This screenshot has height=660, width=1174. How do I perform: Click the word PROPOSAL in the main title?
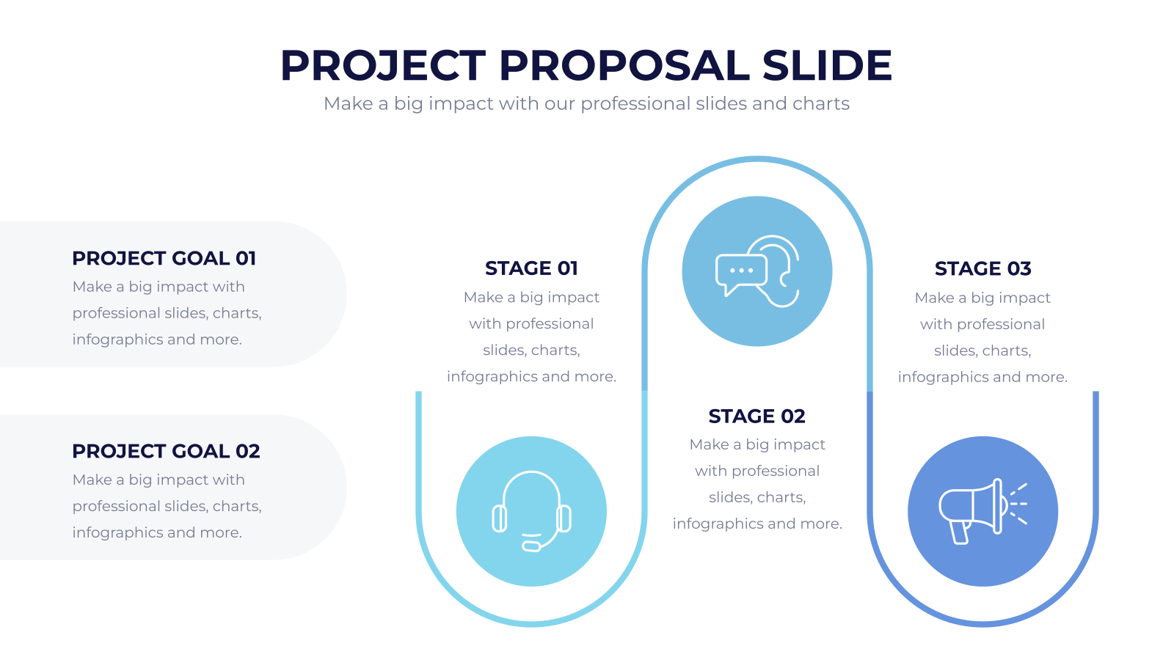click(624, 65)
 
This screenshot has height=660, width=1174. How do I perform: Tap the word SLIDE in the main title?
click(826, 65)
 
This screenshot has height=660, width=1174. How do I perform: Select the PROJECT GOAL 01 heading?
click(164, 258)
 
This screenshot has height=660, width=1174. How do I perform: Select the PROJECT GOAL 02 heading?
click(166, 451)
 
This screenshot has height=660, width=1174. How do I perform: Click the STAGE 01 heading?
click(531, 268)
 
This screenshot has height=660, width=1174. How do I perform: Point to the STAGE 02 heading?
click(756, 416)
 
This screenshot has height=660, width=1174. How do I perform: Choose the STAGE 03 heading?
click(982, 268)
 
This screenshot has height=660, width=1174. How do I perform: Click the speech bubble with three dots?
click(740, 271)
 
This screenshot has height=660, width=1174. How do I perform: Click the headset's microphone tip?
click(531, 546)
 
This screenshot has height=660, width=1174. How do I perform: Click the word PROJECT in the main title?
click(383, 65)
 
